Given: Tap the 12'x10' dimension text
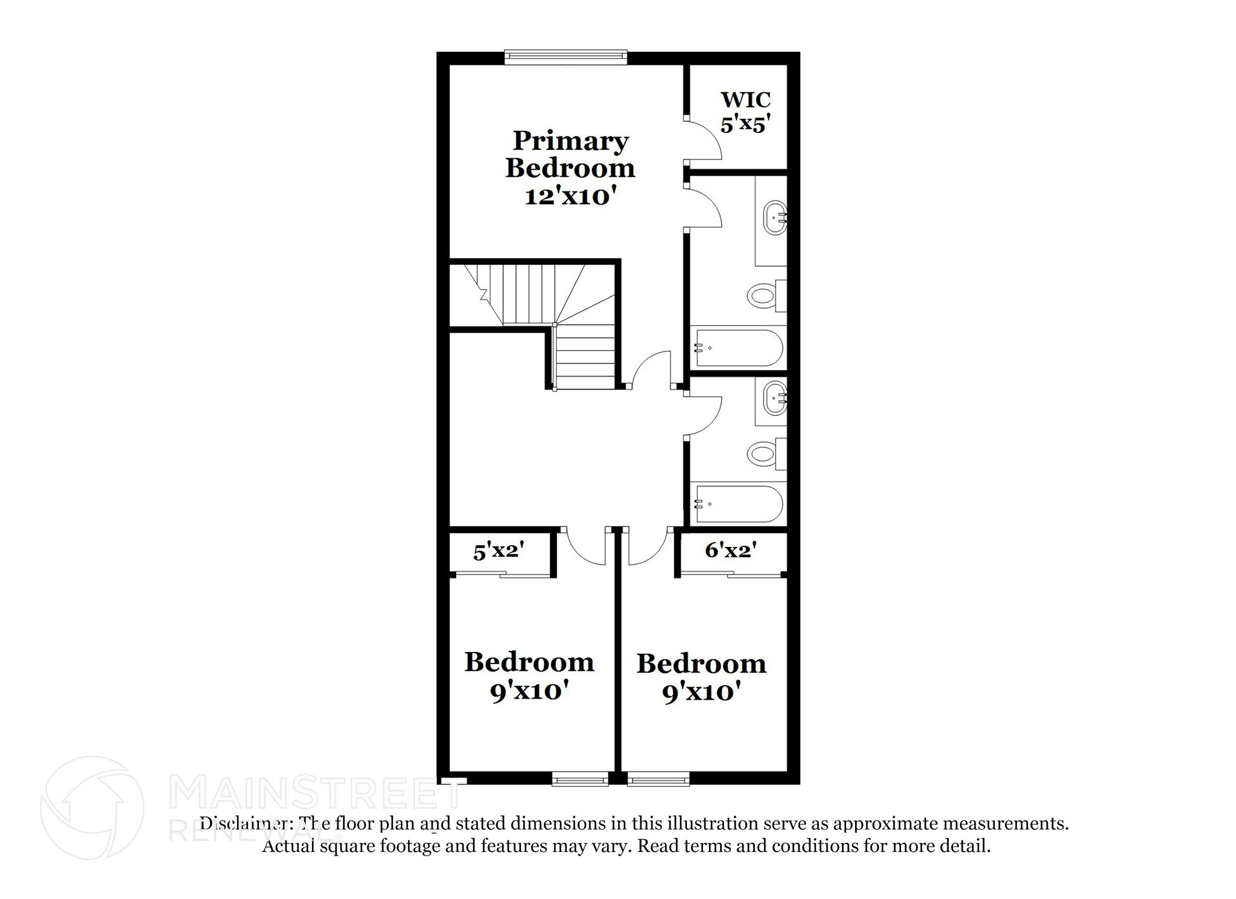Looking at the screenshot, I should (x=570, y=197).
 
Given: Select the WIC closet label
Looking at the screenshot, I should (x=745, y=99).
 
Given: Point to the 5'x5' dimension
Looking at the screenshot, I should (x=745, y=124).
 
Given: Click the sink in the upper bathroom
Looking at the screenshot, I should (x=774, y=219).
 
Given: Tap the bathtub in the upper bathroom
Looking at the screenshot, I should (x=739, y=348).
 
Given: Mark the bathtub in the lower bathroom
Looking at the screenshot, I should (x=739, y=504).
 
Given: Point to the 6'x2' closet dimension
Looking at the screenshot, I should (x=730, y=550).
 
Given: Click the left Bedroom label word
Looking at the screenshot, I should (x=529, y=662).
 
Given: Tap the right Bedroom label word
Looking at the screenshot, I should (x=701, y=664).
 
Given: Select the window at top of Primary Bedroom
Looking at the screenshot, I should (x=565, y=57).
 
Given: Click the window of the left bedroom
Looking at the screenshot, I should (x=580, y=780).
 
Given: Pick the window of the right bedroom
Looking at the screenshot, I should (x=658, y=780).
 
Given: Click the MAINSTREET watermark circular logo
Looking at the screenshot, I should (x=92, y=807).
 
